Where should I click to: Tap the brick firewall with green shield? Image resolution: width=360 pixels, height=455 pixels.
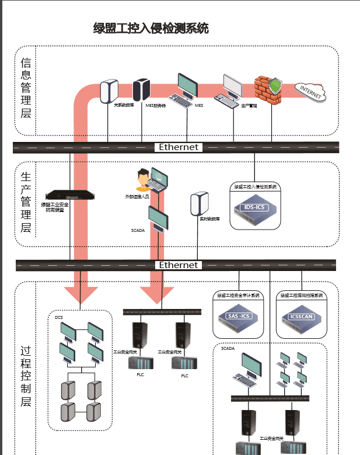coord(269,89)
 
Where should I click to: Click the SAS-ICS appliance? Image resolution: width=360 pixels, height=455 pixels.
coord(237,316)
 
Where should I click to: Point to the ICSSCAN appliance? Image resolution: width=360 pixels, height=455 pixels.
coord(301,316)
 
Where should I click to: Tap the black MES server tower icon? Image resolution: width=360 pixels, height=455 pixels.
coord(141,89)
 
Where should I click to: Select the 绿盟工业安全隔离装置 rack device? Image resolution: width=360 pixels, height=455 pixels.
coord(71,195)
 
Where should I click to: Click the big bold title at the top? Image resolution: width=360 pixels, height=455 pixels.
coord(151,27)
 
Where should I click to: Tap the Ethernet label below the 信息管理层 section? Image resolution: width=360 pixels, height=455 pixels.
coord(179,147)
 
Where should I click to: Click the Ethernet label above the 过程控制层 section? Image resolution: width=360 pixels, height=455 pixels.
coord(179,265)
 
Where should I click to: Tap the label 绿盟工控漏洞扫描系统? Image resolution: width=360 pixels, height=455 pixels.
coord(301,295)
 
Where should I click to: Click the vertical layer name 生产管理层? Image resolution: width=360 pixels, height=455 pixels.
coord(26,202)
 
